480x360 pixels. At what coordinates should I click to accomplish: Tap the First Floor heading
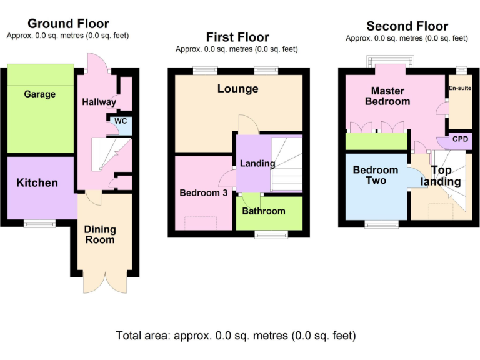click(237, 37)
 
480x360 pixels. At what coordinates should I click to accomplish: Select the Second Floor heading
click(407, 26)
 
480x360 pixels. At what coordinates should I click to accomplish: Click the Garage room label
click(39, 94)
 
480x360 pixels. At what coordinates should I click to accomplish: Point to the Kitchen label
click(37, 183)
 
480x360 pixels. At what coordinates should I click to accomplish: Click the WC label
click(121, 121)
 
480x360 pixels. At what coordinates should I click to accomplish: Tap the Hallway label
click(99, 102)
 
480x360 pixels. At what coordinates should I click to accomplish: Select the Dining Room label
click(100, 234)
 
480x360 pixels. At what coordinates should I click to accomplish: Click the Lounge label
click(237, 89)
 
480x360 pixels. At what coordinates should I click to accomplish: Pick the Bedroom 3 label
click(203, 193)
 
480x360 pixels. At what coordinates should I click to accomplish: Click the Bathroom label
click(264, 211)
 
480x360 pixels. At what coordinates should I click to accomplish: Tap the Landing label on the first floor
click(257, 164)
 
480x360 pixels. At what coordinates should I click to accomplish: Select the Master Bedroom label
click(387, 96)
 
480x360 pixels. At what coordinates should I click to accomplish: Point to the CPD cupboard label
click(459, 139)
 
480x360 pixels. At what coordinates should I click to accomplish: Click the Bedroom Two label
click(375, 175)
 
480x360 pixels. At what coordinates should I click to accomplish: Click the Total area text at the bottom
click(236, 336)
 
